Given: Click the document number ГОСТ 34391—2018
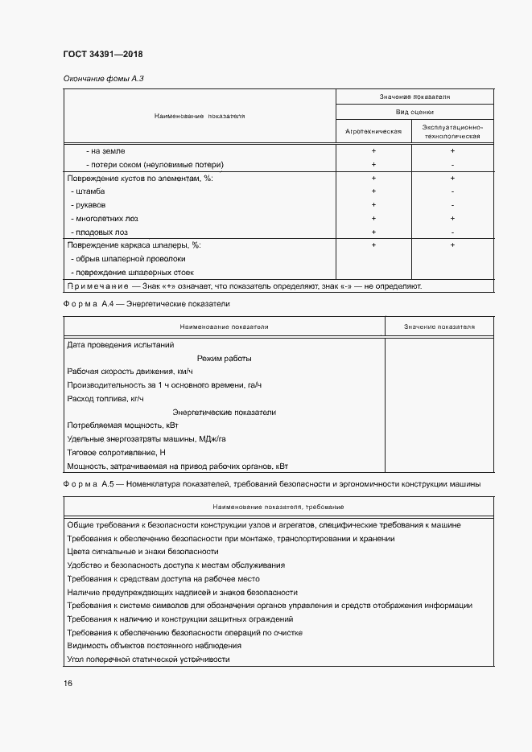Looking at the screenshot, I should click(102, 55).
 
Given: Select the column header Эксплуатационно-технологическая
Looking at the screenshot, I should click(452, 130).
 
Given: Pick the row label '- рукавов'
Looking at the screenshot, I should click(90, 204).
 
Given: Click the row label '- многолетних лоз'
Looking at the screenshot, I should click(103, 218).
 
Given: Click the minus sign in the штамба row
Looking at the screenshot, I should click(453, 191).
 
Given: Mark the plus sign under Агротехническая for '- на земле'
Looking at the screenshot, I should click(373, 150).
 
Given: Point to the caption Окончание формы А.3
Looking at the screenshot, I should click(103, 78).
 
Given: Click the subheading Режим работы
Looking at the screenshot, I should click(224, 358).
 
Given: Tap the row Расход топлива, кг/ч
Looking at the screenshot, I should click(105, 398).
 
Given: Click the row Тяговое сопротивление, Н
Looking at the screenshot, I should click(116, 452).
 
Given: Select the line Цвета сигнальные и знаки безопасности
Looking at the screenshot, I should click(143, 551).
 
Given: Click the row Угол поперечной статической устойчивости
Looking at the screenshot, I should click(149, 659).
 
